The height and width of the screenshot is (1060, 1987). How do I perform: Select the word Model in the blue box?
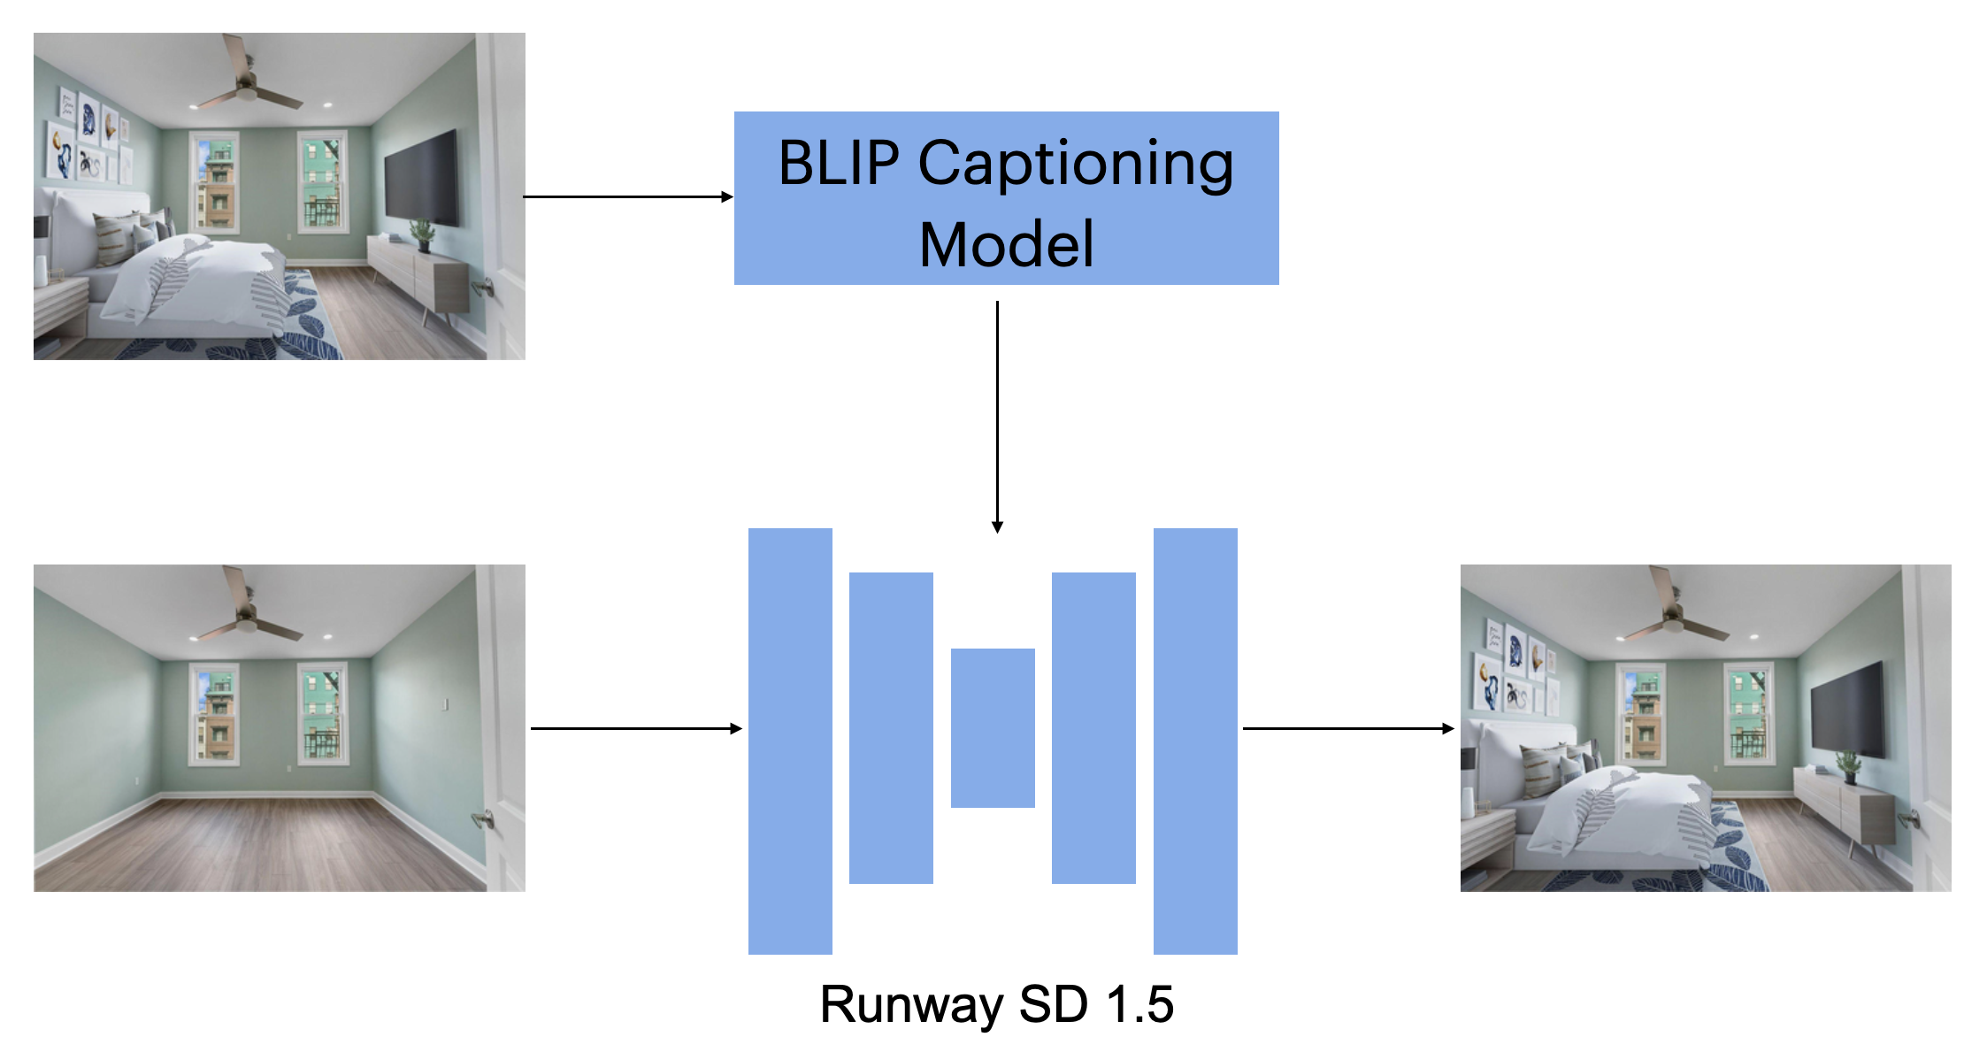tap(1006, 244)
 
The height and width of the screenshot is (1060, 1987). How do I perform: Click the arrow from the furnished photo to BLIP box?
tap(628, 196)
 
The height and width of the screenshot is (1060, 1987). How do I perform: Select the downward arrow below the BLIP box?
tap(997, 416)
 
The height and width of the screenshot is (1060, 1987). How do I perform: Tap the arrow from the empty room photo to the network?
tap(635, 728)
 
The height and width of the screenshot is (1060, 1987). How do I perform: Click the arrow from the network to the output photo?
tap(1347, 728)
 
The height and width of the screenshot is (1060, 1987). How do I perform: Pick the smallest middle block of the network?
tap(993, 727)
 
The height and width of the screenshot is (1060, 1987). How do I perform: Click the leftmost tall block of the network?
tap(790, 741)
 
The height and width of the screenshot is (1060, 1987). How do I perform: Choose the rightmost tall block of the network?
tap(1195, 741)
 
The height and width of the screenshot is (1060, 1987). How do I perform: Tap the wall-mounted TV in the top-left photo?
tap(421, 178)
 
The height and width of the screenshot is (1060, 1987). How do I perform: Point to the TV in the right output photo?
tap(1847, 710)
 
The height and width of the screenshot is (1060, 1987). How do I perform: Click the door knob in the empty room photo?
tap(483, 819)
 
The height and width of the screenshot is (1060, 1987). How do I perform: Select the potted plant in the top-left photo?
tap(423, 235)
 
